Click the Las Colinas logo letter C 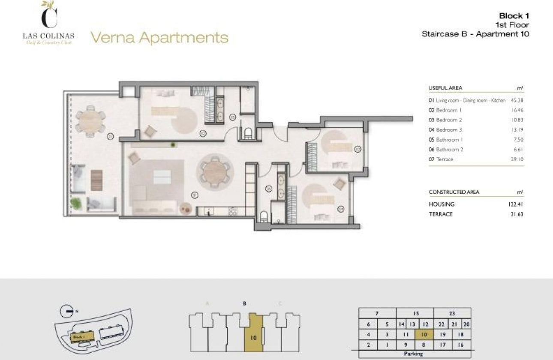[x=48, y=17]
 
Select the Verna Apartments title [x=159, y=38]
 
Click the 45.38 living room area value [x=517, y=100]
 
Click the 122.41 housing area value [x=515, y=204]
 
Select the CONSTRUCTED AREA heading [x=454, y=192]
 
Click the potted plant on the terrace [x=76, y=203]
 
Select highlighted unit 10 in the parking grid [x=424, y=335]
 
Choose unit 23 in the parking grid [x=452, y=314]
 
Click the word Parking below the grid [x=413, y=354]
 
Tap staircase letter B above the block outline [x=244, y=304]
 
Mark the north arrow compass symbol [x=66, y=310]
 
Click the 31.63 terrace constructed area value [x=516, y=214]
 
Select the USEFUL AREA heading [x=445, y=88]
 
